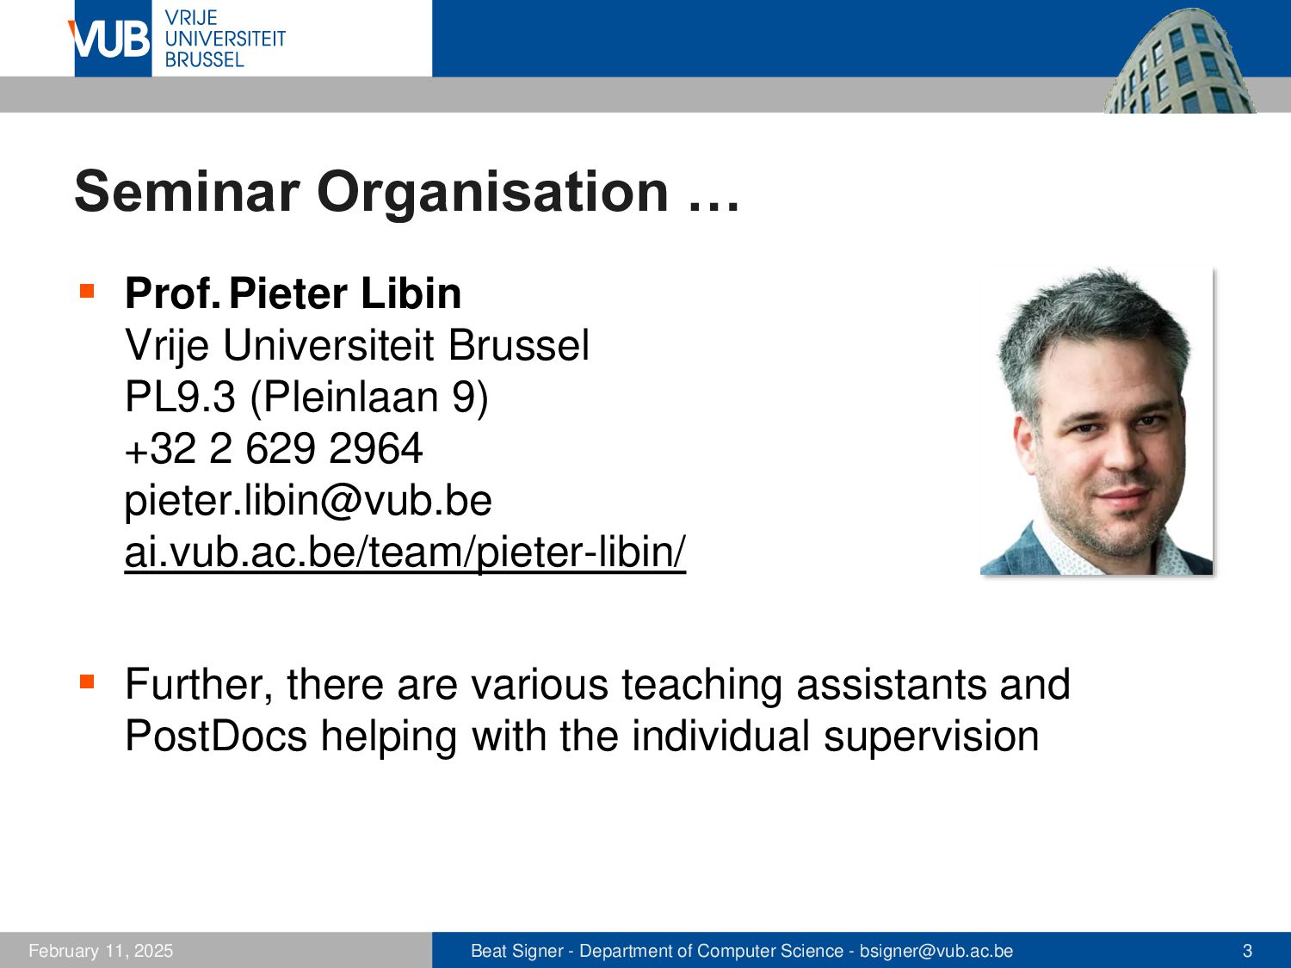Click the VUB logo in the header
(112, 38)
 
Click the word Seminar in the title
(187, 192)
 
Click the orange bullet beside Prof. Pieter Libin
(87, 291)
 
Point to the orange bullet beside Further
(87, 681)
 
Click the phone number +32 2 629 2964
(274, 448)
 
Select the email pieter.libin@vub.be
(308, 501)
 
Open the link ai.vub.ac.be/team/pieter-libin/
(405, 552)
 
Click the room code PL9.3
(180, 397)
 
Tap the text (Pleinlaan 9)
(369, 398)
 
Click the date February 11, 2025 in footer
(101, 951)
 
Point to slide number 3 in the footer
(1247, 951)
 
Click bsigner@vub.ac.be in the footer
(936, 951)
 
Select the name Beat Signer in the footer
(517, 951)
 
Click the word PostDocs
(216, 736)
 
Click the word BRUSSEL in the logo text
(204, 60)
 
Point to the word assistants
(891, 685)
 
